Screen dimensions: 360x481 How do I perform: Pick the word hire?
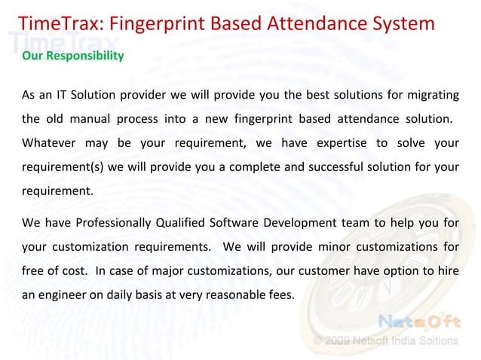coord(449,270)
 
